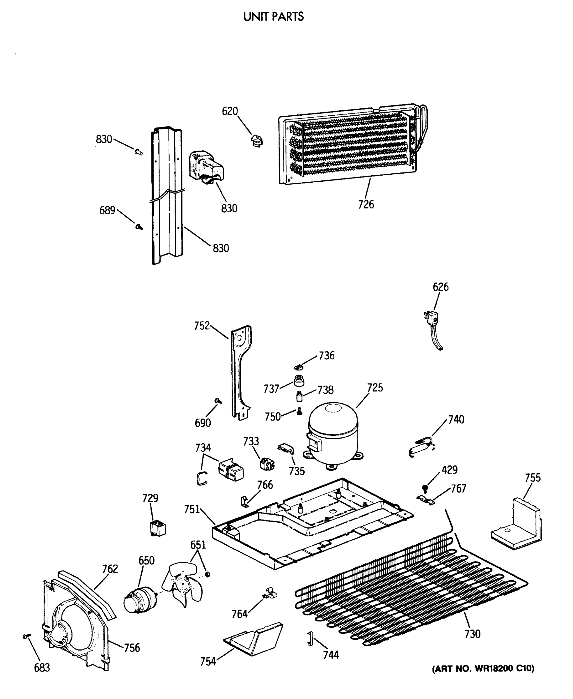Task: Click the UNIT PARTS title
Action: [x=273, y=17]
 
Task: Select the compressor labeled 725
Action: [x=333, y=433]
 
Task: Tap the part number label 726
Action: [x=366, y=204]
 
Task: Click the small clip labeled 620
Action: [x=257, y=141]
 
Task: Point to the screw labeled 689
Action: [x=139, y=227]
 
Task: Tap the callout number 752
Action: [x=202, y=326]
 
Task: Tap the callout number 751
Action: [x=192, y=509]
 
